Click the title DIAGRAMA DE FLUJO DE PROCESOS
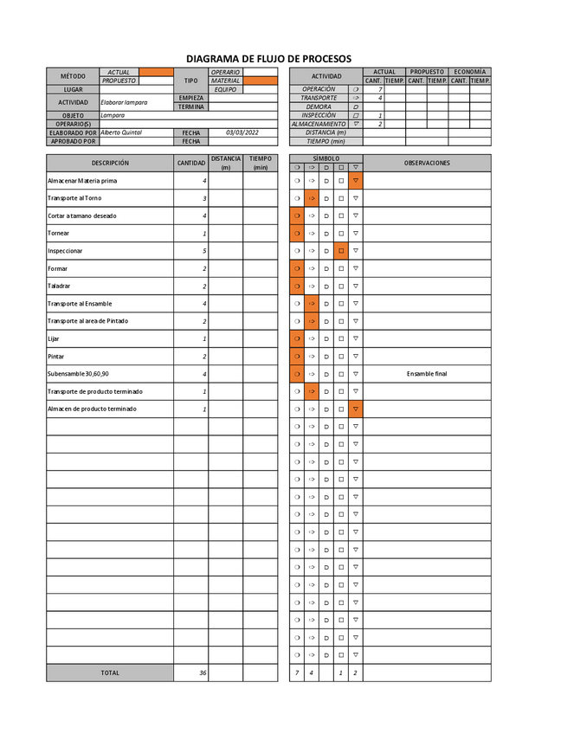coord(269,58)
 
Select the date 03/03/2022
coord(242,132)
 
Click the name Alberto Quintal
coord(121,132)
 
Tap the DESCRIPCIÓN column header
coord(110,163)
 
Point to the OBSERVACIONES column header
coord(427,163)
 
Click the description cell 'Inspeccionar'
coord(66,251)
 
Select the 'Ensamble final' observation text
coord(427,374)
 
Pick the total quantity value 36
coord(203,673)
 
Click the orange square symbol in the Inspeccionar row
coord(341,251)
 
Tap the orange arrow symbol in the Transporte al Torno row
coord(312,198)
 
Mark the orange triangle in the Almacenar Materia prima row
coord(356,181)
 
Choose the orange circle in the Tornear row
coord(297,234)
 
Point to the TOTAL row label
coord(110,673)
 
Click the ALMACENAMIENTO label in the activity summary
coord(319,124)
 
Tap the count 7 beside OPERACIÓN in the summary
coord(379,89)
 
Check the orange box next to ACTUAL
coord(157,72)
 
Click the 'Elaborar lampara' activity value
coord(124,102)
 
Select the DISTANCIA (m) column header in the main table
coord(226,163)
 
